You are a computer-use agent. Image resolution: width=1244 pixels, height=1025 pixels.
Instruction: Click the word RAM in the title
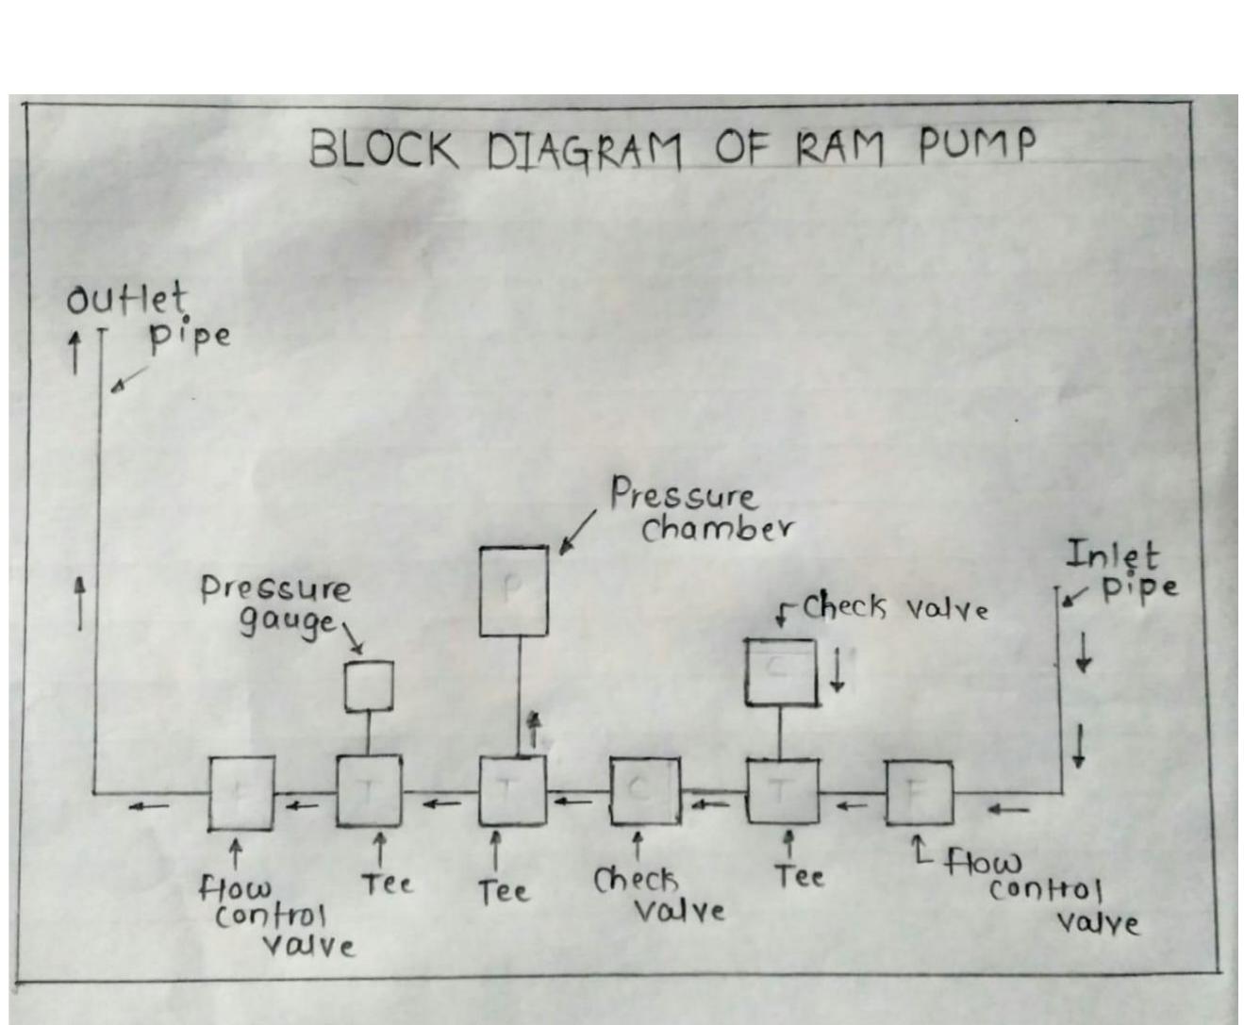pos(840,148)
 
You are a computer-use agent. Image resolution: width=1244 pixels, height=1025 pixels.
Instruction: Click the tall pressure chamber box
pos(513,591)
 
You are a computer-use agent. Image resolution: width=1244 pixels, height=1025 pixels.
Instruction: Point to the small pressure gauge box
pos(369,686)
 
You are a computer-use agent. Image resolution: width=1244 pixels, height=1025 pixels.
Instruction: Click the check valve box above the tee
pos(781,671)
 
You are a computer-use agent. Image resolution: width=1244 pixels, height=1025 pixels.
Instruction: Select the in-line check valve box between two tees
pos(644,791)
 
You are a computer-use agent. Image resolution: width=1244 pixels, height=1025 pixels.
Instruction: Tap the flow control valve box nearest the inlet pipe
pos(919,793)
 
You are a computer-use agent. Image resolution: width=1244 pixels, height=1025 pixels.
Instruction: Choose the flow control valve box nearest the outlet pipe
pos(241,793)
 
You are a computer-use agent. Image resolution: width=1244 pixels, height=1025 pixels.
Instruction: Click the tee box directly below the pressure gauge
pos(369,791)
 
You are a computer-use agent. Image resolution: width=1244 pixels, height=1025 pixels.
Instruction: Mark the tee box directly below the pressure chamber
pos(512,791)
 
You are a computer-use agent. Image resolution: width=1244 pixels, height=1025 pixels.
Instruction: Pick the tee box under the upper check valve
pos(783,791)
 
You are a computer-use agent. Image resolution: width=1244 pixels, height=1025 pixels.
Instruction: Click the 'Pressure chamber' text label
pos(700,510)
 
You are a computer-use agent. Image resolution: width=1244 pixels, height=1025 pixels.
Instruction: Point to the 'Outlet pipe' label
pos(146,317)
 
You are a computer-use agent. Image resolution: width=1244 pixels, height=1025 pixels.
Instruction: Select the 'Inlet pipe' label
pos(1121,570)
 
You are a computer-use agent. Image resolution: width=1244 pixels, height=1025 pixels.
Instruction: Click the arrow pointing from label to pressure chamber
pos(577,533)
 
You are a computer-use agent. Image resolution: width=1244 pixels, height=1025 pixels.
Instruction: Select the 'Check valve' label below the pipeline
pos(658,895)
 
